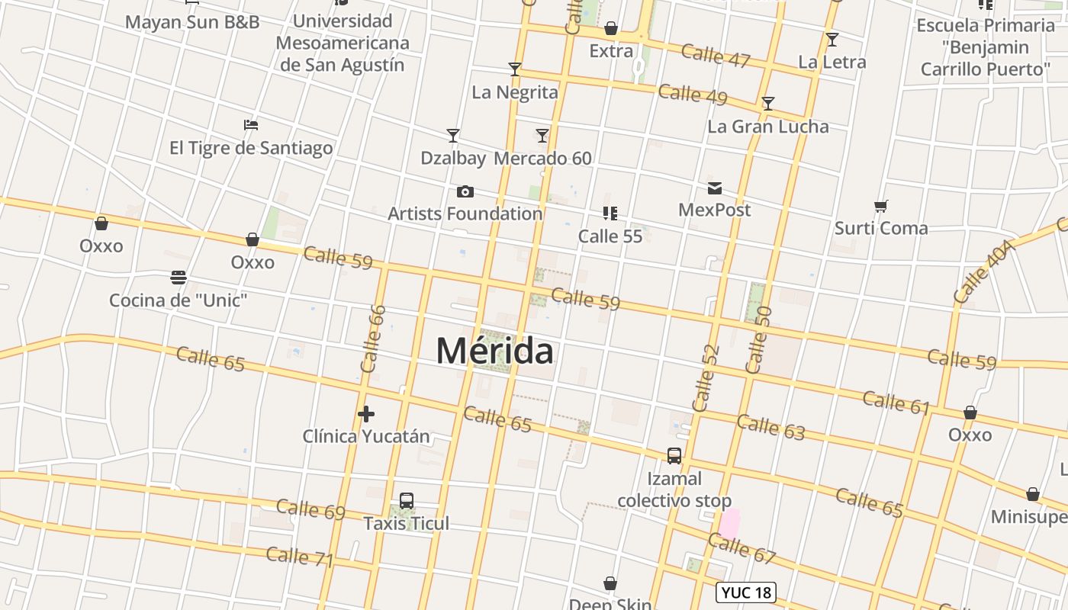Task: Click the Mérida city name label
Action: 495,351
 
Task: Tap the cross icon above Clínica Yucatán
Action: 366,414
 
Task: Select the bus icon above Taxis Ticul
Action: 407,501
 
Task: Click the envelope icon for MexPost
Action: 715,188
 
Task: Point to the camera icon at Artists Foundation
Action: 465,191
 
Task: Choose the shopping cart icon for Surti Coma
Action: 881,206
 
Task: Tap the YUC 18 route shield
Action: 746,592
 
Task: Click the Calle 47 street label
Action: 716,56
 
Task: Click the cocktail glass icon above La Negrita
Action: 515,69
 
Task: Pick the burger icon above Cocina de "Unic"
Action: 179,277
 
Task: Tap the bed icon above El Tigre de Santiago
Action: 251,125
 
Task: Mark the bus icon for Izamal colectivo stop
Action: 674,456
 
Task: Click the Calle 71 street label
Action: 300,556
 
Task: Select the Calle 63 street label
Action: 770,427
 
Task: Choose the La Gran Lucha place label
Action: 767,127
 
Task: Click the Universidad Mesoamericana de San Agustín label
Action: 343,43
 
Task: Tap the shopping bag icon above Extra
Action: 611,29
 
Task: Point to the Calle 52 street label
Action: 706,377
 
